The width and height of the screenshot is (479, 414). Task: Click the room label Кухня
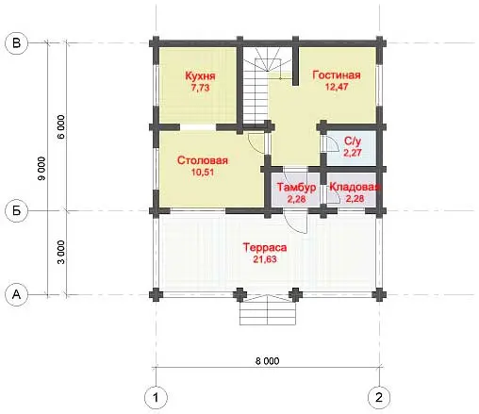tap(200, 76)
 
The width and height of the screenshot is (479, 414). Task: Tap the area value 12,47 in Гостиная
tap(337, 87)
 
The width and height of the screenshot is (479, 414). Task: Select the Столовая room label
tap(203, 160)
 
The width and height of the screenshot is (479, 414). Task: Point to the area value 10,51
tap(203, 172)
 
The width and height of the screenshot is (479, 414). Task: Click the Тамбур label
tap(296, 187)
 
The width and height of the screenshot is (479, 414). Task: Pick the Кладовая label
tap(355, 187)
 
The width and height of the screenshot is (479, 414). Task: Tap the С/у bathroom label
tap(353, 141)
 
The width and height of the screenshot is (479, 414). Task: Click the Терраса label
tap(265, 247)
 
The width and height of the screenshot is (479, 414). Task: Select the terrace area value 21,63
tap(265, 259)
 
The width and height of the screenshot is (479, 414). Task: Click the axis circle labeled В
tap(17, 42)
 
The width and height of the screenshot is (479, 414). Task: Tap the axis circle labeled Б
tap(17, 210)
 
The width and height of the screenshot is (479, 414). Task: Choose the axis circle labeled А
tap(17, 295)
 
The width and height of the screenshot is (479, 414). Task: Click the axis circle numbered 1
tap(156, 398)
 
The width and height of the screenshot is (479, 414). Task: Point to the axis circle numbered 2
tap(379, 398)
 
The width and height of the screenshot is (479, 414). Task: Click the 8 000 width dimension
tap(267, 361)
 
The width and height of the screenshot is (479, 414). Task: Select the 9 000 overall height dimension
tap(41, 169)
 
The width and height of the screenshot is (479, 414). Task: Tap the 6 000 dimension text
tap(61, 127)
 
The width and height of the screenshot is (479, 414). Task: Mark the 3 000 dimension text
tap(61, 253)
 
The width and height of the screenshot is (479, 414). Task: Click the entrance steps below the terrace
tap(268, 313)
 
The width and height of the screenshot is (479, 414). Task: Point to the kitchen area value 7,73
tap(200, 88)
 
